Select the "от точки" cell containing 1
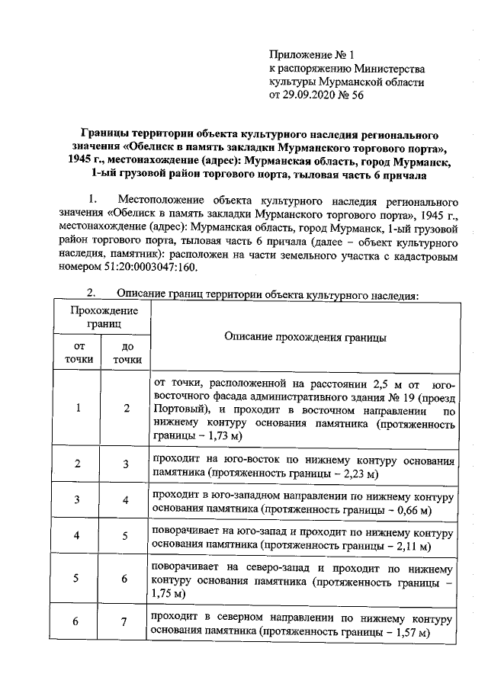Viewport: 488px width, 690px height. pos(79,408)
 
